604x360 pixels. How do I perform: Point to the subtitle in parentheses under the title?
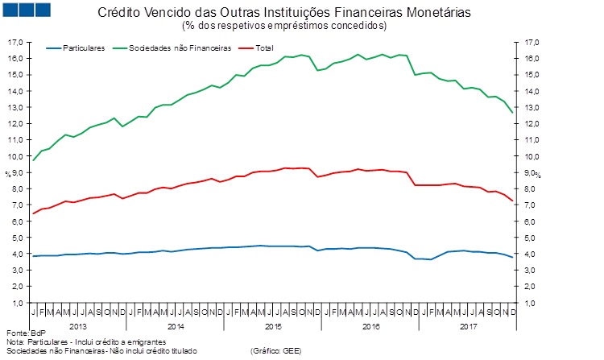(296, 26)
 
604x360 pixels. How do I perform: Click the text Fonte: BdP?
(24, 333)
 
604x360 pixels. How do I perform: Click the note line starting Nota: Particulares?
(81, 342)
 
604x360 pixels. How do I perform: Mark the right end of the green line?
(513, 113)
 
